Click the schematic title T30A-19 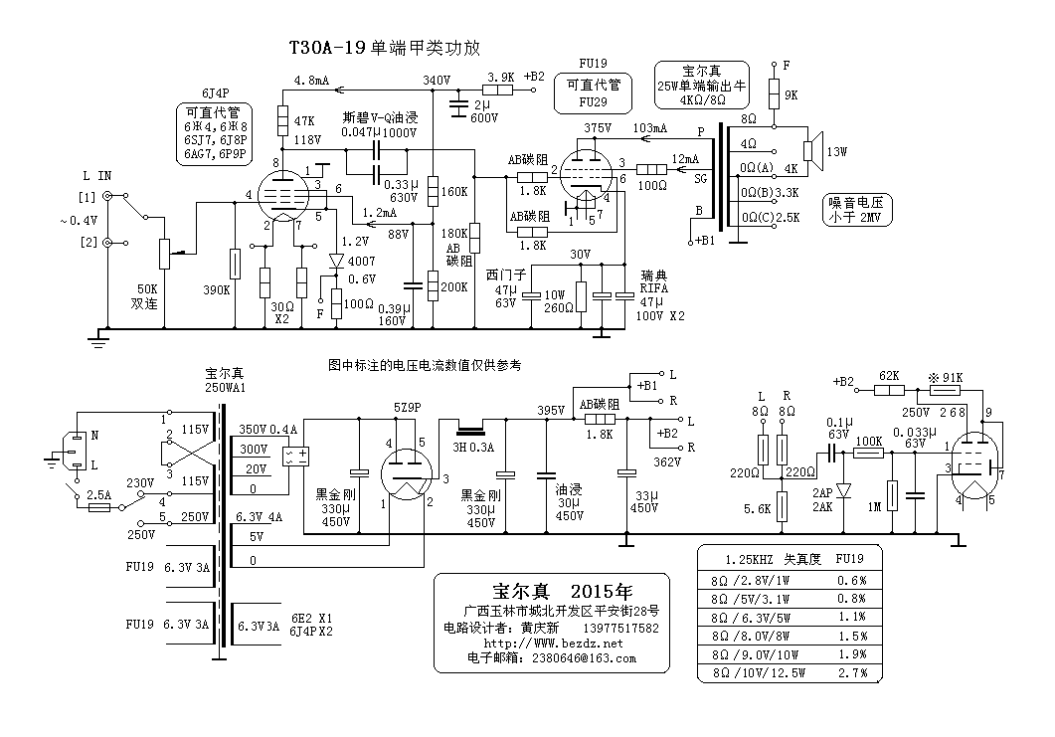(326, 47)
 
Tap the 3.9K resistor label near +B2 (501, 76)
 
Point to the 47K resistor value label (304, 119)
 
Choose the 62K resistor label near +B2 (891, 376)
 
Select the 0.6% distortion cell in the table (851, 581)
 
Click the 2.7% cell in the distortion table (851, 673)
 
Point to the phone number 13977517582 (620, 629)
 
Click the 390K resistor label (216, 289)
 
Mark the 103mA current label (648, 129)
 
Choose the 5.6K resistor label (758, 508)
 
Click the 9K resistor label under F (791, 95)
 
